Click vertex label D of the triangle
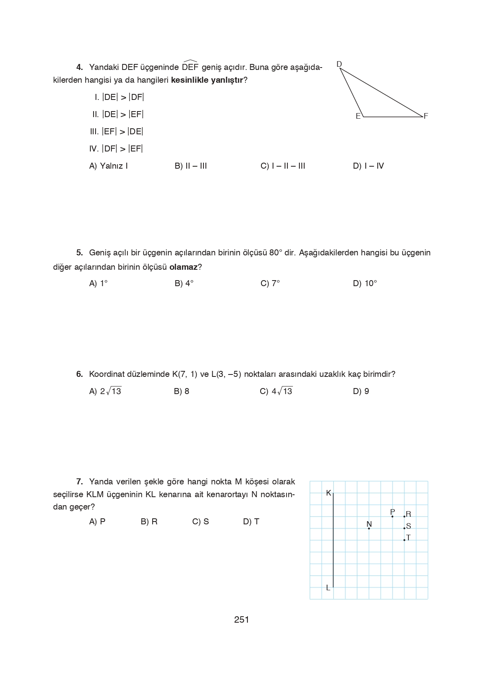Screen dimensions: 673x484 tap(339, 64)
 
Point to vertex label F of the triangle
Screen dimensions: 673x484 tap(426, 116)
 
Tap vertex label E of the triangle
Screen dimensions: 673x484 tap(358, 116)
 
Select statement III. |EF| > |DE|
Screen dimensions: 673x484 tap(116, 131)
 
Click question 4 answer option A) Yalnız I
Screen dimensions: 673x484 tap(108, 166)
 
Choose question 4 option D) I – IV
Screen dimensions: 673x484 tap(368, 166)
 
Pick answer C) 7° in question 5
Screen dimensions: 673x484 tap(270, 283)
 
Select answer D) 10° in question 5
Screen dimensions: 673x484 tap(365, 283)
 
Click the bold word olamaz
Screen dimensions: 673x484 tap(183, 267)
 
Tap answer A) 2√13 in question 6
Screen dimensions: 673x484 tap(105, 391)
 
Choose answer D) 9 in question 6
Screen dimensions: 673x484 tap(361, 391)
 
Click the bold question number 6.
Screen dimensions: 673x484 tap(80, 374)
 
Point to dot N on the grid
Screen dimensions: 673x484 tap(369, 528)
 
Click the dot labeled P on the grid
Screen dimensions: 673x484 tap(392, 516)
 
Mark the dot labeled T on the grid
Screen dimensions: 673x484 tap(404, 540)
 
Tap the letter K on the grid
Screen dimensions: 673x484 tap(329, 493)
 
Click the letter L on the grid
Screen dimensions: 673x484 tap(328, 587)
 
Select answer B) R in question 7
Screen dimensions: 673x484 tap(149, 522)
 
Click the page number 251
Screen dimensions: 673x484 tap(241, 619)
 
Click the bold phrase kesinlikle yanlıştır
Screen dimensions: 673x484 tap(207, 80)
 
